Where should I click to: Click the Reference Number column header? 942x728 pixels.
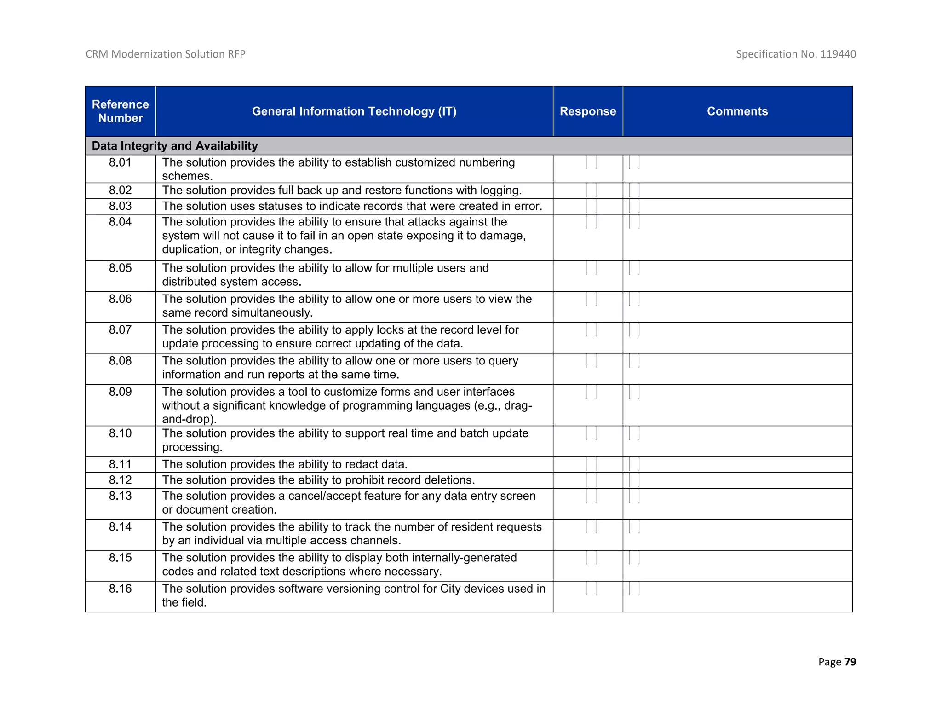[x=120, y=111]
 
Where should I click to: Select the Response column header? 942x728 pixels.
[x=587, y=111]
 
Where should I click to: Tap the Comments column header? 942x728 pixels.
[x=737, y=111]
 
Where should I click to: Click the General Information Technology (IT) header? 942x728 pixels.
[x=354, y=111]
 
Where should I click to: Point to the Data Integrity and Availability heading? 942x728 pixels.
[x=174, y=146]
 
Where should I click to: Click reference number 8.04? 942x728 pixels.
[x=120, y=222]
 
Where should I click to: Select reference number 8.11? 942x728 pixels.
[x=120, y=464]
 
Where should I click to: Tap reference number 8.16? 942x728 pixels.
[x=120, y=589]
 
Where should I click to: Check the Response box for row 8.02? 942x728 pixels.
[x=591, y=191]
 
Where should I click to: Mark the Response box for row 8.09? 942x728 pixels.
[x=591, y=392]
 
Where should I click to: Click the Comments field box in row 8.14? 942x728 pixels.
[x=634, y=527]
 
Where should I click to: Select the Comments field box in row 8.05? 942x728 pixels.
[x=634, y=268]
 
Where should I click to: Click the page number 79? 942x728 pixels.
[x=850, y=662]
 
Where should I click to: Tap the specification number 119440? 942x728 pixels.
[x=838, y=54]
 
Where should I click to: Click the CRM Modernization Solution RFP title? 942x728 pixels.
[x=165, y=54]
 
